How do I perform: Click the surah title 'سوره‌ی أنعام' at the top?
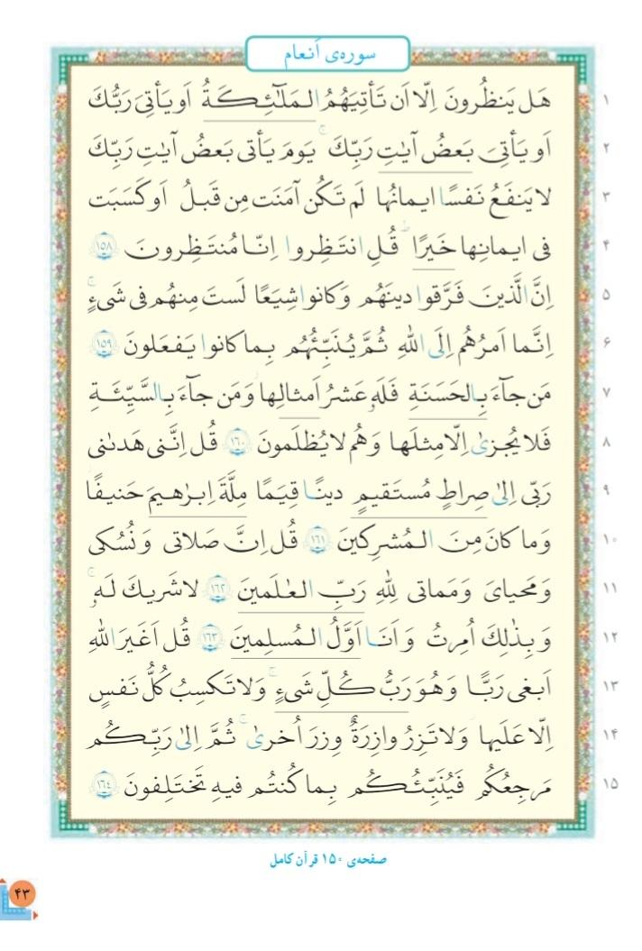[x=326, y=53]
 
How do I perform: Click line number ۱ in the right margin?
[x=606, y=96]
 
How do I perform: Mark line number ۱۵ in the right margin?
[x=606, y=783]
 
